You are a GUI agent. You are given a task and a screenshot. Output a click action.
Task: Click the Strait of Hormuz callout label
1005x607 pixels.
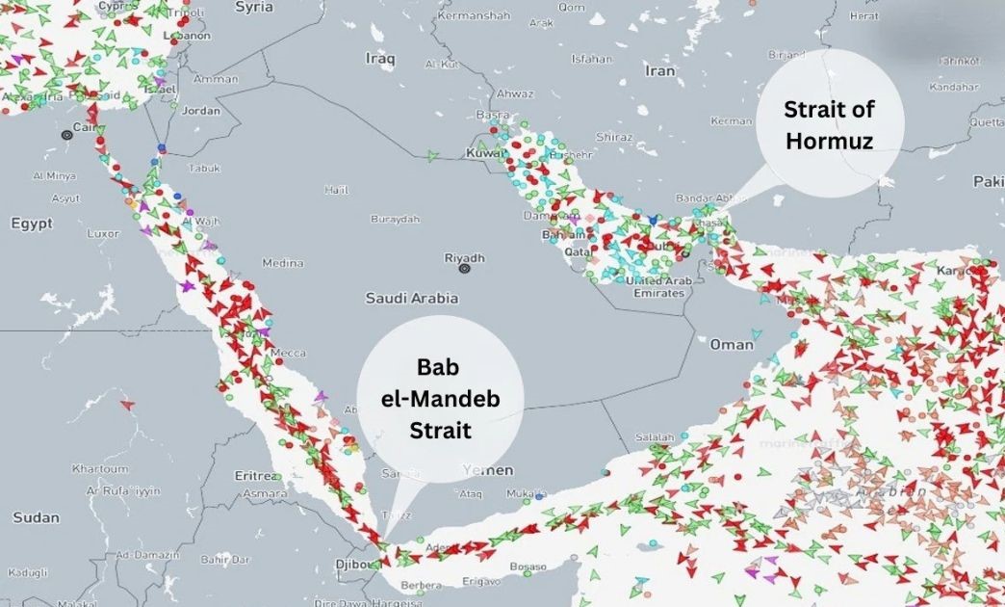pyautogui.click(x=828, y=124)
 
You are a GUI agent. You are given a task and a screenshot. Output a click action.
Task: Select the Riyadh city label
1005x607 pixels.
pyautogui.click(x=464, y=258)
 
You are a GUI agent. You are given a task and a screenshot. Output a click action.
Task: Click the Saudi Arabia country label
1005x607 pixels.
pyautogui.click(x=411, y=299)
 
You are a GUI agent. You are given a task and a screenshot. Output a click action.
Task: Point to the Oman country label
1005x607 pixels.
pyautogui.click(x=732, y=344)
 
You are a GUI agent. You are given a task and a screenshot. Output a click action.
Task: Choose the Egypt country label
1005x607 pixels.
pyautogui.click(x=31, y=224)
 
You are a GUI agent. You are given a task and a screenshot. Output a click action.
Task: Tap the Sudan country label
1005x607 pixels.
pyautogui.click(x=36, y=517)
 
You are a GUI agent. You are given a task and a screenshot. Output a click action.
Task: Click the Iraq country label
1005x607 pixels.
pyautogui.click(x=380, y=59)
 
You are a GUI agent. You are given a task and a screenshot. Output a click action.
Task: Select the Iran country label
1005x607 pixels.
pyautogui.click(x=660, y=70)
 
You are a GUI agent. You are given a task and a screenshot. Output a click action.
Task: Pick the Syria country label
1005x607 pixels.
pyautogui.click(x=254, y=7)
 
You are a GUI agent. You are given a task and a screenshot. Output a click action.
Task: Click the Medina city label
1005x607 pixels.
pyautogui.click(x=282, y=263)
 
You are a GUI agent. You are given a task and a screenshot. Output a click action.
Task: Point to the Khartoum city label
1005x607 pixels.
pyautogui.click(x=100, y=468)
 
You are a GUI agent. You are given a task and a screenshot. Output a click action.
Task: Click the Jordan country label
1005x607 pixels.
pyautogui.click(x=201, y=111)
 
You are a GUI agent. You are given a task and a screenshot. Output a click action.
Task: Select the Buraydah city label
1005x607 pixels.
pyautogui.click(x=396, y=219)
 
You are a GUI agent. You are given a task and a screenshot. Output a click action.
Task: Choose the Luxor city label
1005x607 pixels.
pyautogui.click(x=102, y=233)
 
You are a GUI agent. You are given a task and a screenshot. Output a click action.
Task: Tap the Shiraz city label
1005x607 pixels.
pyautogui.click(x=614, y=137)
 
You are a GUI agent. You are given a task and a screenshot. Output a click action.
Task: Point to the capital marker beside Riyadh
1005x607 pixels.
pyautogui.click(x=464, y=270)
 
